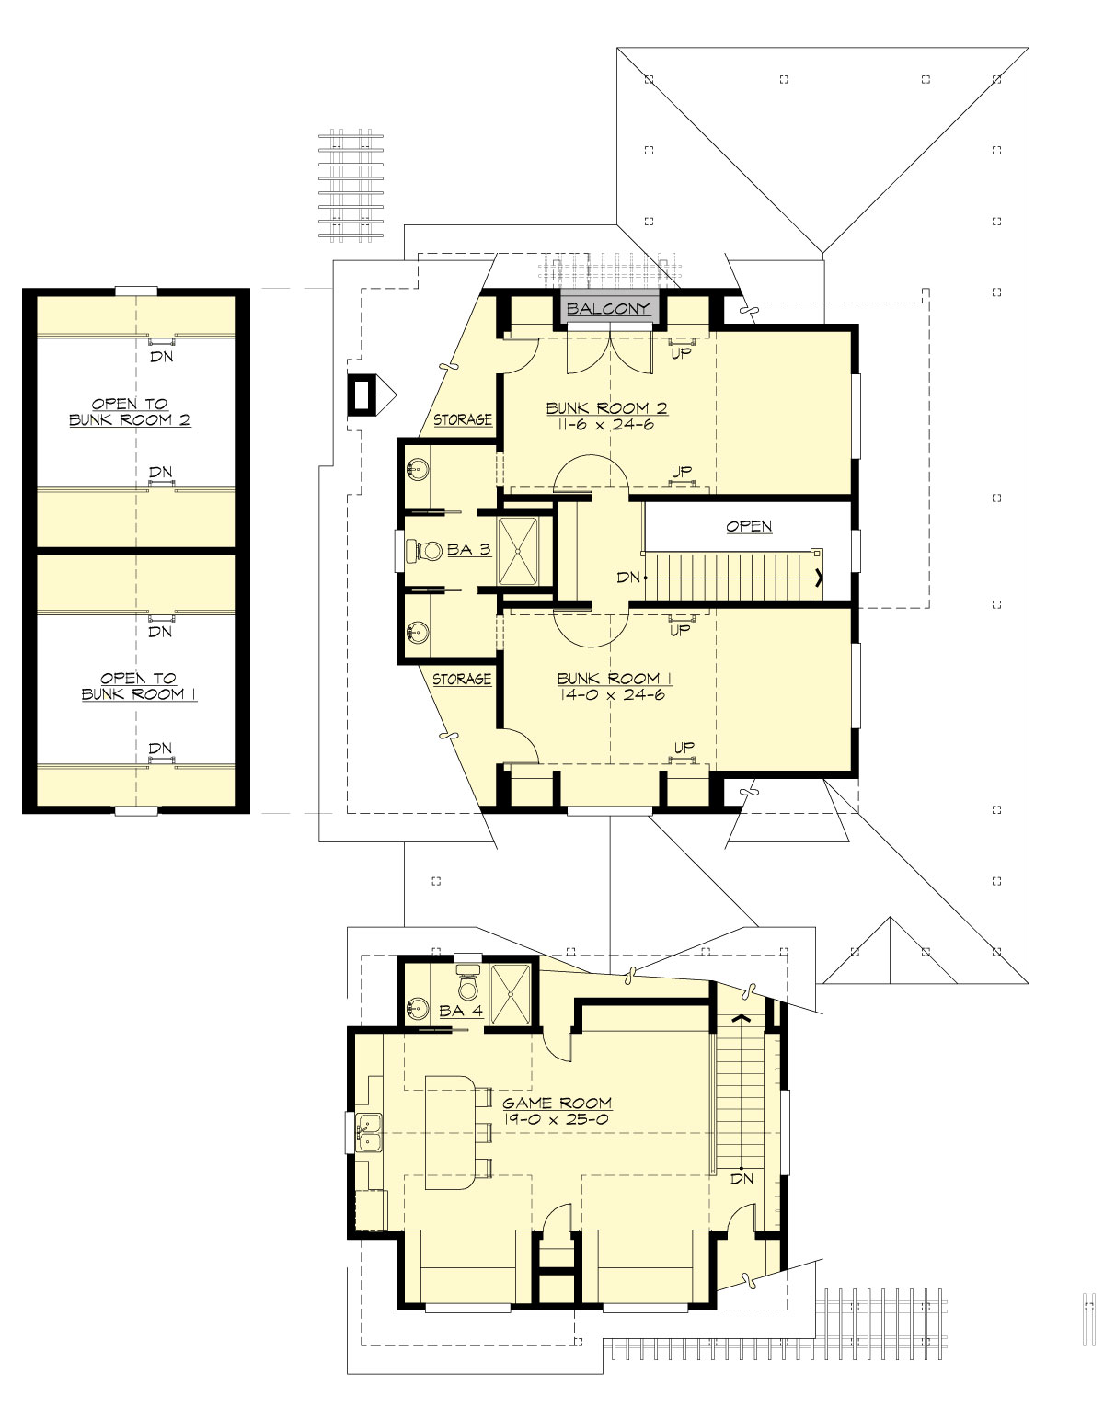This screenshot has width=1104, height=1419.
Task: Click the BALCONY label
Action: [x=608, y=308]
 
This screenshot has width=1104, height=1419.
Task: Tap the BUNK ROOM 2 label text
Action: [x=606, y=408]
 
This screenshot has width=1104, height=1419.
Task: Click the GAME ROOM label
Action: [x=557, y=1103]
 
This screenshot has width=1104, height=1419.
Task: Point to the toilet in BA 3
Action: [x=427, y=551]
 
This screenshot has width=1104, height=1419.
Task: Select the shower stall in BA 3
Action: [x=523, y=551]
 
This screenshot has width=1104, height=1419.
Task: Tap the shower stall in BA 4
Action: [x=511, y=993]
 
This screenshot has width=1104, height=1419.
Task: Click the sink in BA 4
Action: [x=419, y=1009]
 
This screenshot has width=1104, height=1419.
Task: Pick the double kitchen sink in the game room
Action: [x=370, y=1132]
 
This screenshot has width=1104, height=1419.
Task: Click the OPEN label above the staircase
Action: [x=749, y=526]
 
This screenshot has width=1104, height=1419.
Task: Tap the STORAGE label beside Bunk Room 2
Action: [x=462, y=419]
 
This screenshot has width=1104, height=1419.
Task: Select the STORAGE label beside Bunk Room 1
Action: [x=462, y=680]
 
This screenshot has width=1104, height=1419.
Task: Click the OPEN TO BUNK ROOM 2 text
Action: [x=130, y=412]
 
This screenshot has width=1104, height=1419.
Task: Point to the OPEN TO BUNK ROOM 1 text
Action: [x=138, y=686]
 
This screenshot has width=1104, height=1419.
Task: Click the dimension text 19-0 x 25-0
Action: [x=556, y=1120]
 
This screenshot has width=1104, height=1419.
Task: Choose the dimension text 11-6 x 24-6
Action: [x=604, y=425]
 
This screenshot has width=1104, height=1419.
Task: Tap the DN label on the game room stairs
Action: [x=742, y=1179]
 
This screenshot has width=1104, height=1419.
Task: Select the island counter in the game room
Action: [x=449, y=1132]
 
